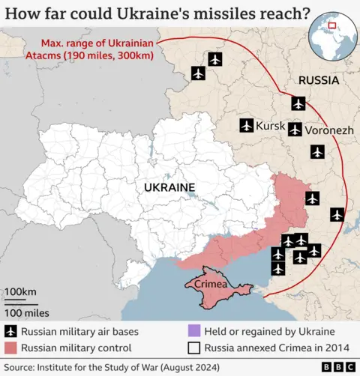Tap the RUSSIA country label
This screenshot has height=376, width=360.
pos(319,80)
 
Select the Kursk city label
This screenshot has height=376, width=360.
pos(270,126)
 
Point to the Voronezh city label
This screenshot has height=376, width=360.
pos(329,130)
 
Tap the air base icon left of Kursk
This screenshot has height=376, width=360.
pos(246,125)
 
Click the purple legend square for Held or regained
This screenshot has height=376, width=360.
pos(193,331)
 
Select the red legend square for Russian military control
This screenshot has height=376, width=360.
pos(10,348)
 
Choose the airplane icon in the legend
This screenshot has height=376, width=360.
pos(10,331)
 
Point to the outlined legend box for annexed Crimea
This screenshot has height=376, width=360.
pos(193,348)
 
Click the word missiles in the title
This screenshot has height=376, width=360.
pos(217,14)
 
